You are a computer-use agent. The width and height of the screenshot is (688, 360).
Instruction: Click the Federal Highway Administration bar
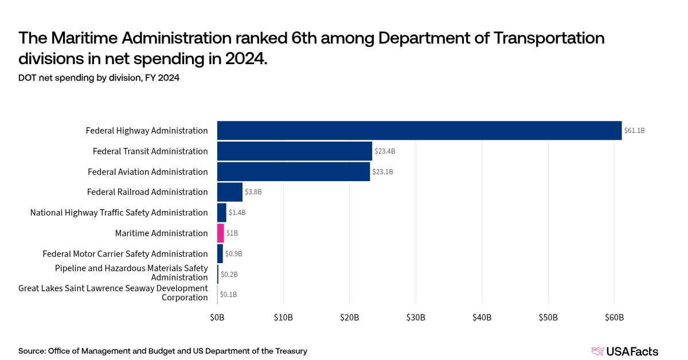pos(419,131)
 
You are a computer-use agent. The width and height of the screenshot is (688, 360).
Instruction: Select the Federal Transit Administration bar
pos(295,151)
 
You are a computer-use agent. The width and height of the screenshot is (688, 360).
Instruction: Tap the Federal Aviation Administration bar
pos(294,172)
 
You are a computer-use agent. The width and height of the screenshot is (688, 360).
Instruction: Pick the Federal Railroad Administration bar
pos(230,192)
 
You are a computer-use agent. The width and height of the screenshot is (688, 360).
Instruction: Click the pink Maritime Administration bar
pos(221,233)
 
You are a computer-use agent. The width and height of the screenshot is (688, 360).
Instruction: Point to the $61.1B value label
pos(635,131)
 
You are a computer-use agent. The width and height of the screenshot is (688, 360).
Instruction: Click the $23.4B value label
pos(385,151)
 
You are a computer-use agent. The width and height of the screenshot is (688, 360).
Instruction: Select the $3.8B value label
pos(253,192)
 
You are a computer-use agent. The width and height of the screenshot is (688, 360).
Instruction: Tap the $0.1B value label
pos(228,295)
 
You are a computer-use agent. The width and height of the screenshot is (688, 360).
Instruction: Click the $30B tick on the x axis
pos(416,317)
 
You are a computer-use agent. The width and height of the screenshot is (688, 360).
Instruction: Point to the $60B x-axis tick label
pos(614,317)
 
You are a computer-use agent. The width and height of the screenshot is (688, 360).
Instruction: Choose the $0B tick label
pos(217,317)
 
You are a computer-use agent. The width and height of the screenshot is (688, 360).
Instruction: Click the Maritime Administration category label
pos(161,233)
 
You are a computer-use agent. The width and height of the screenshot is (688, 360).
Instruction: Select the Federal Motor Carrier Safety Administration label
pos(125,254)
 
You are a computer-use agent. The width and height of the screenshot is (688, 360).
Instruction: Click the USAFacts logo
pos(624,351)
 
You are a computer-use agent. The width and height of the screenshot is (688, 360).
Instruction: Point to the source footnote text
pos(163,351)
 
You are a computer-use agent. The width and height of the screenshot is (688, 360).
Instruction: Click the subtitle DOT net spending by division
pos(99,78)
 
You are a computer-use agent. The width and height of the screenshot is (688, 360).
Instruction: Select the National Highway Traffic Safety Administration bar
pos(222,213)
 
